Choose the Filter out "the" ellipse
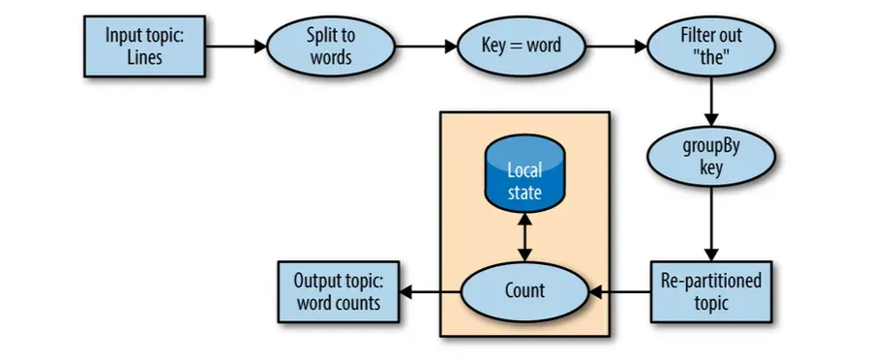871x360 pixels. click(712, 45)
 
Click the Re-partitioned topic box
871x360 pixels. click(711, 291)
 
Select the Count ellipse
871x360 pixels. click(525, 291)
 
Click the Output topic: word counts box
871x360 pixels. click(338, 291)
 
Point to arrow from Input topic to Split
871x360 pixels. click(235, 45)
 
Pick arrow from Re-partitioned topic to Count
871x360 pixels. click(619, 291)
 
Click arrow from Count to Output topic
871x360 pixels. click(431, 291)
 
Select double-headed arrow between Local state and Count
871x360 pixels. click(525, 238)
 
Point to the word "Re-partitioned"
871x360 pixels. click(711, 281)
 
